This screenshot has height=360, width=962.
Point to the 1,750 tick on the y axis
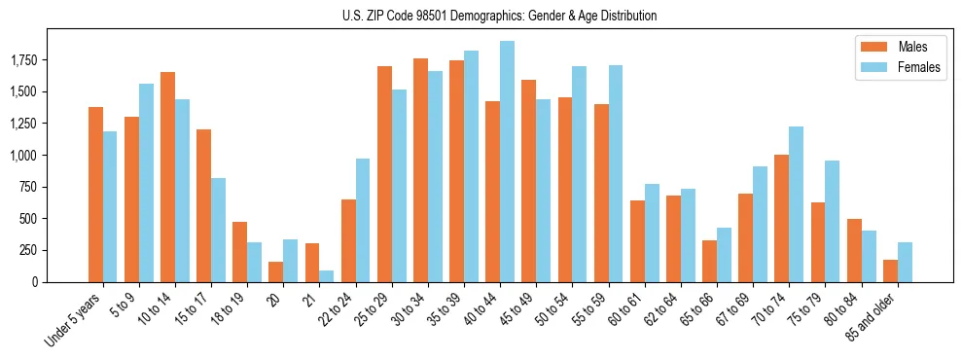[x=23, y=60]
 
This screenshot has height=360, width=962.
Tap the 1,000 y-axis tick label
[x=23, y=155]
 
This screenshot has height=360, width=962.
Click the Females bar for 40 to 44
[x=507, y=162]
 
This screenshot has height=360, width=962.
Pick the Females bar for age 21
[x=327, y=276]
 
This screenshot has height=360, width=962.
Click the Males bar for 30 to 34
[x=420, y=170]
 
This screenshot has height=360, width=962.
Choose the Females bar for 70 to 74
[x=796, y=204]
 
